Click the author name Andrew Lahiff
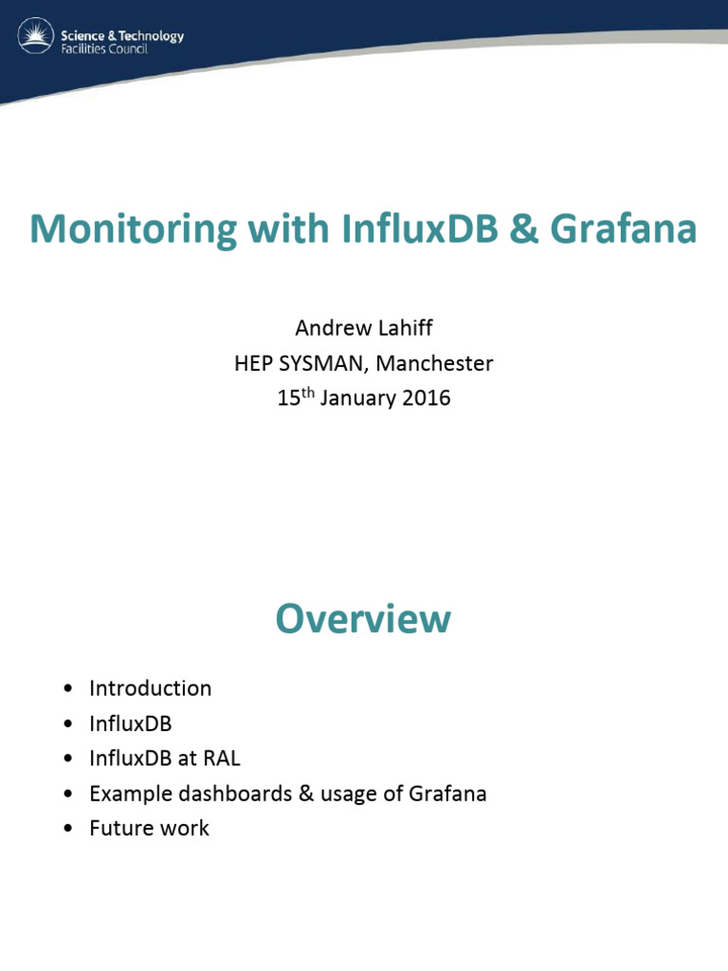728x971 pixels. pos(363,328)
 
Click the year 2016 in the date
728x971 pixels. pos(427,398)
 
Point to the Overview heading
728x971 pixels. pos(363,619)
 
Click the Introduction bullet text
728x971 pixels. pos(150,688)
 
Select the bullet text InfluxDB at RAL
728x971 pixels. pos(165,759)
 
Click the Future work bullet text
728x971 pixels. pos(149,828)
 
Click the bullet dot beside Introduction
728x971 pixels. pos(67,689)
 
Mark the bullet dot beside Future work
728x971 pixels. pos(67,829)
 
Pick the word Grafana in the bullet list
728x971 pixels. pos(447,794)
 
